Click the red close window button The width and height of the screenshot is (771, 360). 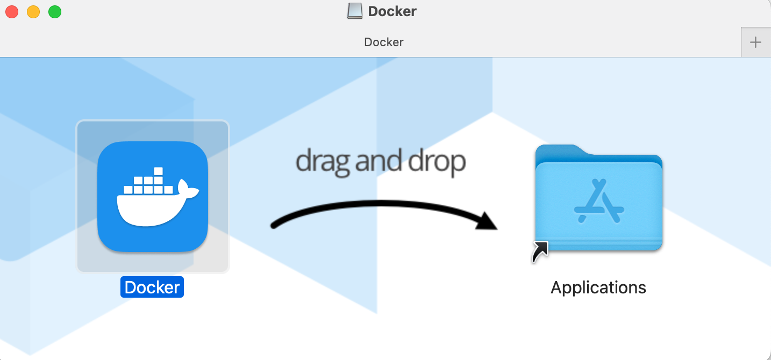coord(12,12)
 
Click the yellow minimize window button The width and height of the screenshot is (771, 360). coord(33,12)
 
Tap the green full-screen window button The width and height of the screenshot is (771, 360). coord(55,12)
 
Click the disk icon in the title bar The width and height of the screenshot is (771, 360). coord(355,11)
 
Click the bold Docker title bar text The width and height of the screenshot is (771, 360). coord(392,11)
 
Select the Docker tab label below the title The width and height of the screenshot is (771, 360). coord(384,42)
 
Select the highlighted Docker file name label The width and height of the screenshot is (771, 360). coord(152,287)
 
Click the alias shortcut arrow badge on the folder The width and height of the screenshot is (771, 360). coord(540,252)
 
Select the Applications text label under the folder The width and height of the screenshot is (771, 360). coord(598,287)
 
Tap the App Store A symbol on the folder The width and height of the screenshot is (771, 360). coord(598,201)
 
